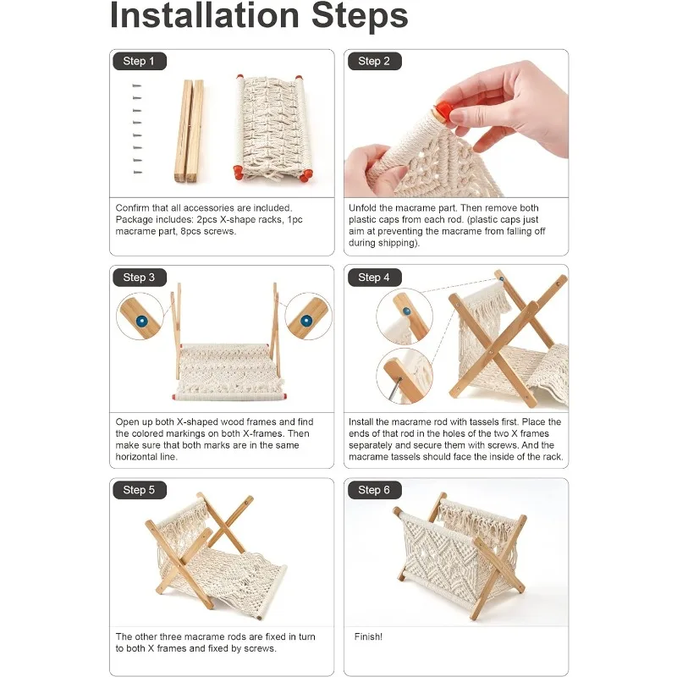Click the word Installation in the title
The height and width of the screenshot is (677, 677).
coord(205,15)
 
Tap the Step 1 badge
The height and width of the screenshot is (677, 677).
coord(140,61)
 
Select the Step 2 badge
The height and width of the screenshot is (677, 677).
coord(374,61)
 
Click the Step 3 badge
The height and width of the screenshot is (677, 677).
coord(140,278)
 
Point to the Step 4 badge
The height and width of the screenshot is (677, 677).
coord(374,278)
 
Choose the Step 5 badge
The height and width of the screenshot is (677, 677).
coord(140,490)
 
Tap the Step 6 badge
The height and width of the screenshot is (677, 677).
coord(374,490)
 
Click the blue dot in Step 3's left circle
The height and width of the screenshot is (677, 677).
coord(141,321)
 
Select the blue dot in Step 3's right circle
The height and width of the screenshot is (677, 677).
coord(306,321)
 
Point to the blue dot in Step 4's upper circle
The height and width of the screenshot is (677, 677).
coord(406,311)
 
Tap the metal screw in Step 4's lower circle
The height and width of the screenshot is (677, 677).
coord(396,388)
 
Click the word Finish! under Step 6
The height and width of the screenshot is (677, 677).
coord(368,636)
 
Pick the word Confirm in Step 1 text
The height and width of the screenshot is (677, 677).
coord(132,207)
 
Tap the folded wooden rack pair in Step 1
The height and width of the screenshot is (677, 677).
coord(189,131)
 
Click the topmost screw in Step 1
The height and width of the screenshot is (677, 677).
coord(137,86)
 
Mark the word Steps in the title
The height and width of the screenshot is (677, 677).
coord(360,15)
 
